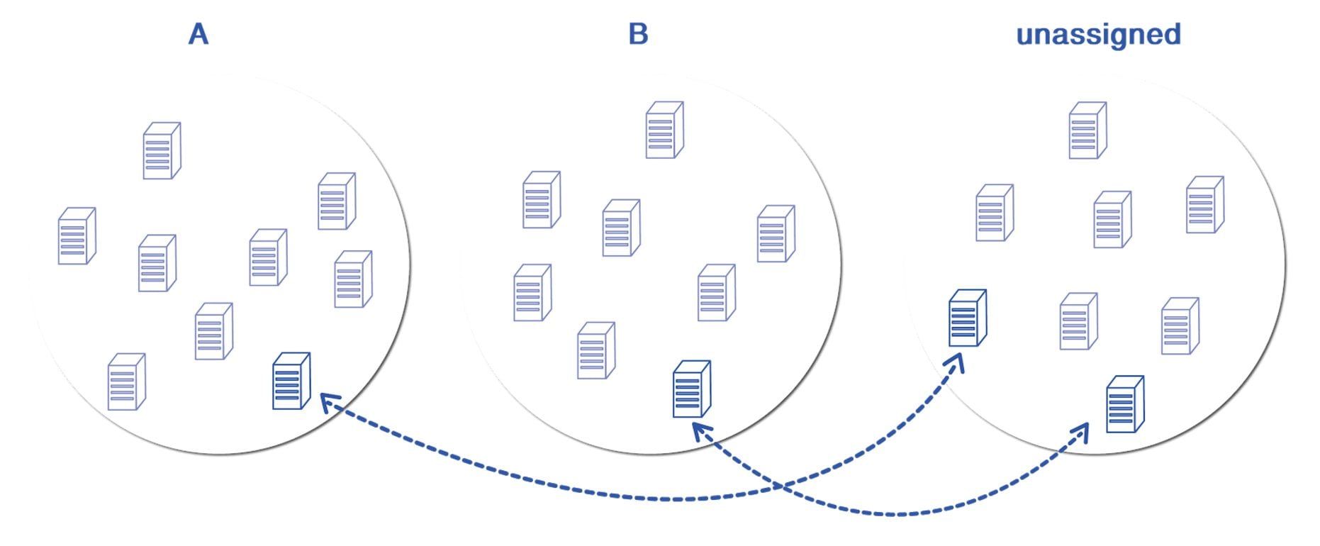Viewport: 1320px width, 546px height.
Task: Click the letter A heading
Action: (198, 34)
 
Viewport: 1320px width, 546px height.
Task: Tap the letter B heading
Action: (638, 34)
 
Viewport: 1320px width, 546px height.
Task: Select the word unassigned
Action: (1098, 34)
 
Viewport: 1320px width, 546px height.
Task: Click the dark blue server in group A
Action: (291, 381)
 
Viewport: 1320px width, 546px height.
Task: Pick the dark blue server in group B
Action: (691, 389)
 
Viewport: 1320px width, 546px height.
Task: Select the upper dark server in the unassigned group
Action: (968, 318)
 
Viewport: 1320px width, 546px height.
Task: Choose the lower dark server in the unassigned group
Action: (1125, 404)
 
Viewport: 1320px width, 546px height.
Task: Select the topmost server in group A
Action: (162, 151)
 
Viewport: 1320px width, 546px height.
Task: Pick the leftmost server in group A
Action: (77, 236)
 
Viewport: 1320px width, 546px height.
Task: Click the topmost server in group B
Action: (664, 130)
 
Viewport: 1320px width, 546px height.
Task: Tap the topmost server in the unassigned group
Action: (1087, 130)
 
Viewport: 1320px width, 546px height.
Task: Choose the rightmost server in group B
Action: (776, 234)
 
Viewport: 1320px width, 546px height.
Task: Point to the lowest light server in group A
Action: (126, 382)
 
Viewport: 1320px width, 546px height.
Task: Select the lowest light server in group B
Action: (596, 350)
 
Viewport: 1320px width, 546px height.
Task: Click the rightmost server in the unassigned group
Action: (1204, 205)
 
